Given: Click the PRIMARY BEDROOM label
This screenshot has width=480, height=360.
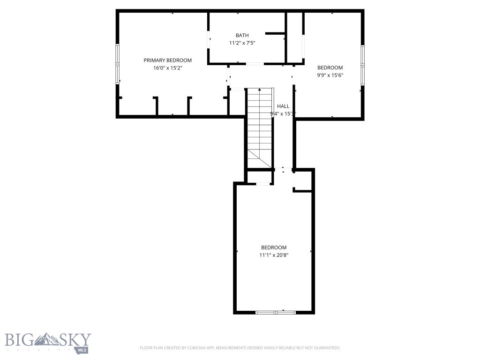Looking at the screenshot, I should (167, 60).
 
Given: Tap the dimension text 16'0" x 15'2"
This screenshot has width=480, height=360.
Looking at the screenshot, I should (167, 68).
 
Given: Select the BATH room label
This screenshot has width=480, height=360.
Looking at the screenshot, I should (242, 35).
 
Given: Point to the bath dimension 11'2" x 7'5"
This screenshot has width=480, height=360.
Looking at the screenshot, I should (242, 43).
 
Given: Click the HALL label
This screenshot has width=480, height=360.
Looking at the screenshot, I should (283, 106).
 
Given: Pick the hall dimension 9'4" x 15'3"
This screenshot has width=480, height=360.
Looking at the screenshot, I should (283, 114).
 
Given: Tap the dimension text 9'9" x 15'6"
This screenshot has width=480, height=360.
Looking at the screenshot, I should (330, 75).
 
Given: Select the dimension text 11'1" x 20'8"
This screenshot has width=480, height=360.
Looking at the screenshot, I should (274, 255).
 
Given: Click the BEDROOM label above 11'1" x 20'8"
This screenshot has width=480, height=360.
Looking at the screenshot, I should (274, 247).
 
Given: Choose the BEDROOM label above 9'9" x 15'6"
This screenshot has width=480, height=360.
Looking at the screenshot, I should (330, 67).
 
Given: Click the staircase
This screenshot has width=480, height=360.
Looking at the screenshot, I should (260, 127).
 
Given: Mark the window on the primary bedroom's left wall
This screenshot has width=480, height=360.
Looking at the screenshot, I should (118, 64).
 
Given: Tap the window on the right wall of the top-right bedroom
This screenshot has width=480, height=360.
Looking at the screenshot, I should (362, 66).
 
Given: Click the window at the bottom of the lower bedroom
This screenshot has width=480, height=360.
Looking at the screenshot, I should (276, 312).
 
